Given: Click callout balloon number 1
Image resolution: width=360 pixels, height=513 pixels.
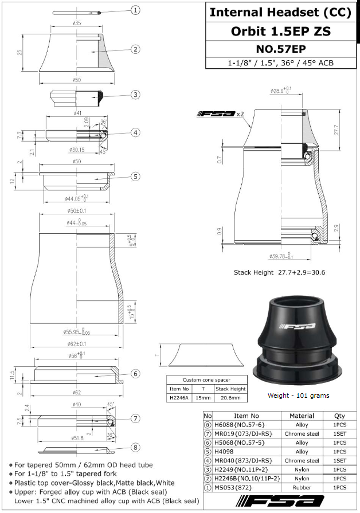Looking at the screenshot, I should pos(135,10).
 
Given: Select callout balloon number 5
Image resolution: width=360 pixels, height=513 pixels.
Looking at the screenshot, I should pos(135,177).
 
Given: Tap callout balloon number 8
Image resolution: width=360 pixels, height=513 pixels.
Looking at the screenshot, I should pos(135,448).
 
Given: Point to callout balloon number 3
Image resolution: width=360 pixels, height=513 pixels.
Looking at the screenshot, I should pos(135,95).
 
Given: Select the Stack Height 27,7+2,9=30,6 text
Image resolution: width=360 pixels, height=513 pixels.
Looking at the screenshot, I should pos(279,272).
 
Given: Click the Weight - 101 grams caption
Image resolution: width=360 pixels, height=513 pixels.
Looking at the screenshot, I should pos(298,395).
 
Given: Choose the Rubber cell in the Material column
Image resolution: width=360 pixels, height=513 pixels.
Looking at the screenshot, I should pos(302,487).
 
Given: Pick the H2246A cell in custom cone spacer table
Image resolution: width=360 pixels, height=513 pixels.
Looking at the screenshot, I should pos(178,397).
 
